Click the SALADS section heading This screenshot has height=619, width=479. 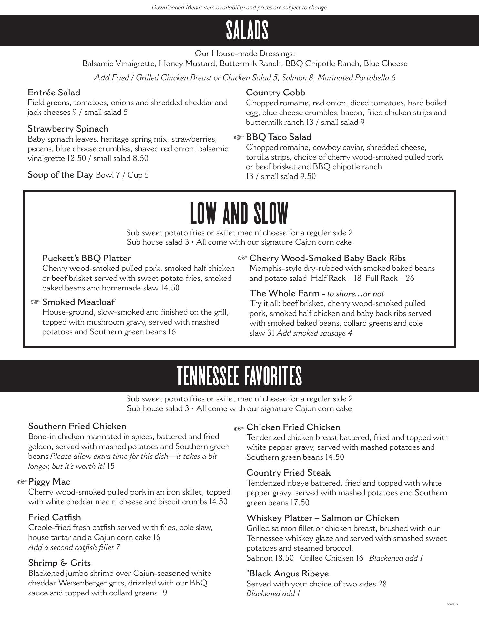pos(247,30)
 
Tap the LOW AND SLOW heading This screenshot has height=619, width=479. pos(239,213)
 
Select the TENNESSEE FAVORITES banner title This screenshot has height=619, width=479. pos(239,376)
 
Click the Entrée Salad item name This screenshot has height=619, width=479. pos(54,93)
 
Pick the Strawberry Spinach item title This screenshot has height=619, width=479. pos(68,129)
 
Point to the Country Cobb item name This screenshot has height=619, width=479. pos(275,93)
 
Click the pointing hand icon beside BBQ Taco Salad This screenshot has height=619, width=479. pos(239,138)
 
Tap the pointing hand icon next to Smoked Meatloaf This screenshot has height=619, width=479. pos(35,302)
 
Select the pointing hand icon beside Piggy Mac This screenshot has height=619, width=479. pos(22,482)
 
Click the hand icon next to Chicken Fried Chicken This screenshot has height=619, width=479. pos(239,428)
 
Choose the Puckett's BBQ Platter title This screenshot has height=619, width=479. pos(87,258)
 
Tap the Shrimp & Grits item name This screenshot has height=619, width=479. pos(59,563)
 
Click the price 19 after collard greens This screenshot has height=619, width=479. pos(163,593)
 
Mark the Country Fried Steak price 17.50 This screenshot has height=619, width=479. pos(300,503)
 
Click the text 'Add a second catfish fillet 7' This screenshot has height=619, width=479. pos(74,547)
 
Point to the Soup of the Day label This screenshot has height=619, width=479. pos(60,175)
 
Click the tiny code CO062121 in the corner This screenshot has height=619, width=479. pos(452,604)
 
